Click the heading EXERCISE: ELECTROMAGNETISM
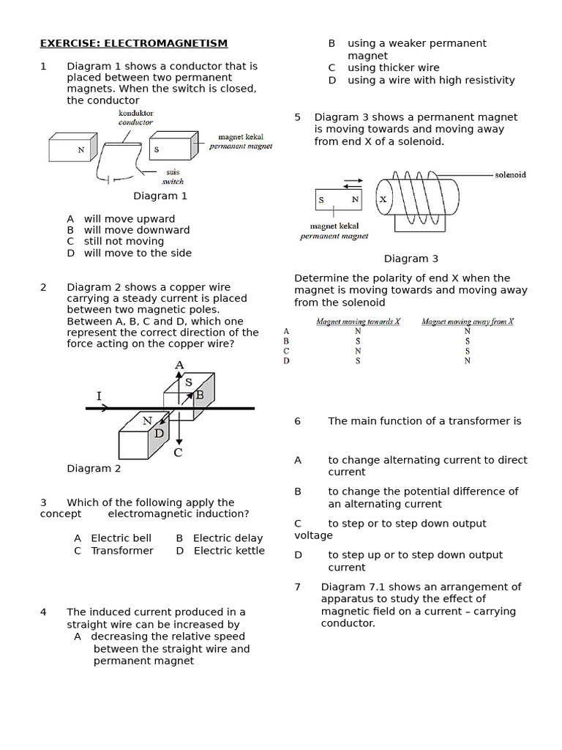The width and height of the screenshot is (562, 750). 133,44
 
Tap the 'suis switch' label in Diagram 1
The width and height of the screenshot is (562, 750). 173,177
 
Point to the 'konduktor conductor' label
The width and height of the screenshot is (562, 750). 135,118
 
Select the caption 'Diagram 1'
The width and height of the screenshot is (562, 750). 160,196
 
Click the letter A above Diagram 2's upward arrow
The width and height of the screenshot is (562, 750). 179,365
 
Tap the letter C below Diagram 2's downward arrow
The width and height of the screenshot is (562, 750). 178,453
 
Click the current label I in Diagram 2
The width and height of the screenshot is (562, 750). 99,396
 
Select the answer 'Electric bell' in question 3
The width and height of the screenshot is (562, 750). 121,538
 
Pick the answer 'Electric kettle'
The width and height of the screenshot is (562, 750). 229,551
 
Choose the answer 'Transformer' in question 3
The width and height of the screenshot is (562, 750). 122,551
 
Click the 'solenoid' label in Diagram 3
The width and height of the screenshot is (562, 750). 510,175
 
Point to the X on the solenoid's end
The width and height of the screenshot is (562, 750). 383,199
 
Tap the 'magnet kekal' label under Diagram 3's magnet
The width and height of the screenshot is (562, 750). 334,226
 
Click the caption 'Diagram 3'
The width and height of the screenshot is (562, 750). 411,259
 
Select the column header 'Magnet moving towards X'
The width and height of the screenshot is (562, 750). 358,322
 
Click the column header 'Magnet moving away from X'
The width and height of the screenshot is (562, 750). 468,322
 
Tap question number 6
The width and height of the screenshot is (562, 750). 298,421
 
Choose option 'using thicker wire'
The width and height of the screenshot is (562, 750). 393,68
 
